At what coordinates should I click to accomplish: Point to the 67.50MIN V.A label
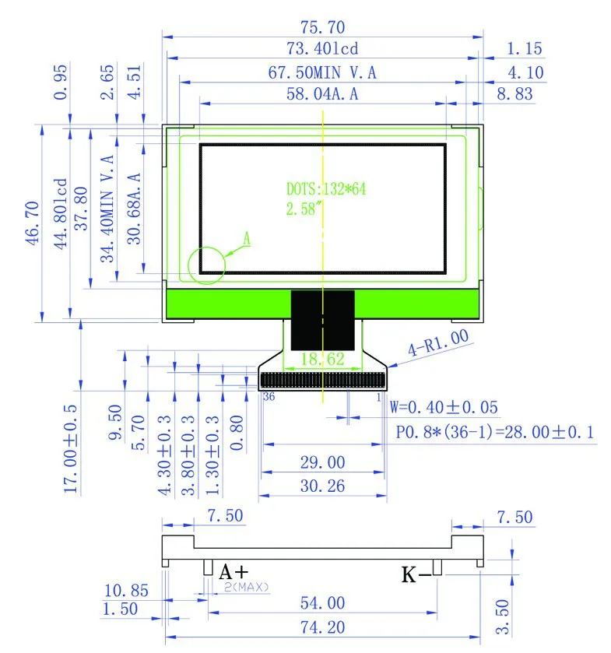pos(322,72)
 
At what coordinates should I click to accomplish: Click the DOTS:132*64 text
pos(325,189)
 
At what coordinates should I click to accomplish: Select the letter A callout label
pos(246,240)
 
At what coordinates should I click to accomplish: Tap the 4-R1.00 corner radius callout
pos(440,342)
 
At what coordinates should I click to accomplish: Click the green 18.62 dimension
pos(321,359)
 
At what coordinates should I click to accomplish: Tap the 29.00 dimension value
pos(322,462)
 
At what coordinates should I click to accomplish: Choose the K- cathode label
pos(416,575)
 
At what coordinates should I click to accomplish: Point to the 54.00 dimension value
pos(322,602)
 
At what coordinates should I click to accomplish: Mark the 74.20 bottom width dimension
pos(322,627)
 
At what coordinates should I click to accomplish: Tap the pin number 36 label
pos(269,396)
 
